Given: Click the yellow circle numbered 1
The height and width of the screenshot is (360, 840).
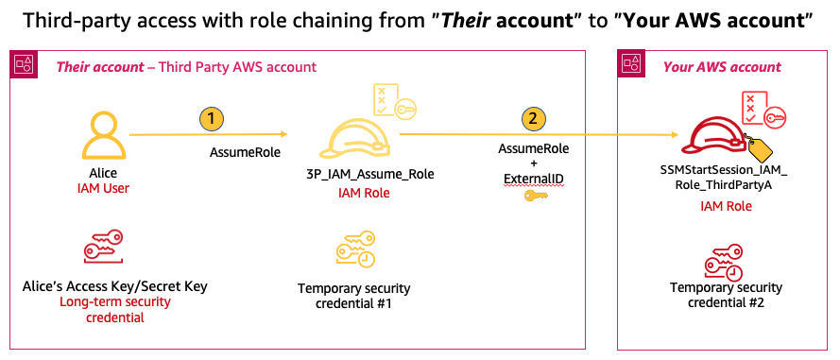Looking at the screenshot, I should (x=214, y=119).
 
